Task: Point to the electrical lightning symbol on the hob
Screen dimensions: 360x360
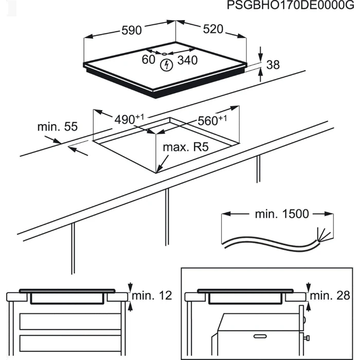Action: coord(166,65)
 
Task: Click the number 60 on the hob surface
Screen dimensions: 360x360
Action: coord(149,60)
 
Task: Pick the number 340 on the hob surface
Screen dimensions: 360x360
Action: coord(187,60)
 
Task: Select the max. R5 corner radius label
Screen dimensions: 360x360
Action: coord(186,148)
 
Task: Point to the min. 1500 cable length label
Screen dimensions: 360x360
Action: coord(282,214)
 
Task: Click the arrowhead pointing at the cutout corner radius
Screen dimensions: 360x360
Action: coord(159,167)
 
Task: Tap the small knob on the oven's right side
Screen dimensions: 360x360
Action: coord(308,338)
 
